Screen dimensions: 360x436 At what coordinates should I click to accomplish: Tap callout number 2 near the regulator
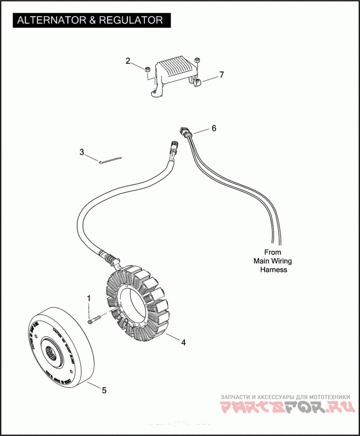click(x=128, y=61)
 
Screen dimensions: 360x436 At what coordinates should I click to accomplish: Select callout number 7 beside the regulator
click(x=221, y=75)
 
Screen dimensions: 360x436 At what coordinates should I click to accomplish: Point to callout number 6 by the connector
click(x=214, y=128)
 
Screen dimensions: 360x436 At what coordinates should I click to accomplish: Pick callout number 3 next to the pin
click(x=81, y=152)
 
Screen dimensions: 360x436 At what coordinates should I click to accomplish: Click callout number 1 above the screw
click(x=89, y=298)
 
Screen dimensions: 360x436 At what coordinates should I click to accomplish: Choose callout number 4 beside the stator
click(x=183, y=342)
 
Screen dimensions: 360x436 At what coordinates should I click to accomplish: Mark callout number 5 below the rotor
click(x=104, y=390)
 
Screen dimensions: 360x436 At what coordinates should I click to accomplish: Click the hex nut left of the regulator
click(x=147, y=69)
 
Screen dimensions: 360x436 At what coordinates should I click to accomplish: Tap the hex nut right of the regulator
click(x=197, y=60)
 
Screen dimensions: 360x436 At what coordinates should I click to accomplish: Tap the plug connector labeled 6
click(x=185, y=131)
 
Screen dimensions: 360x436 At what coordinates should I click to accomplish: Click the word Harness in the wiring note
click(x=274, y=270)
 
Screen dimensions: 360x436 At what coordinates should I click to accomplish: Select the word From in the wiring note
click(x=272, y=252)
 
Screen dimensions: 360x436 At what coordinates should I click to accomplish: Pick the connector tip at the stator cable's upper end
click(x=174, y=145)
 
